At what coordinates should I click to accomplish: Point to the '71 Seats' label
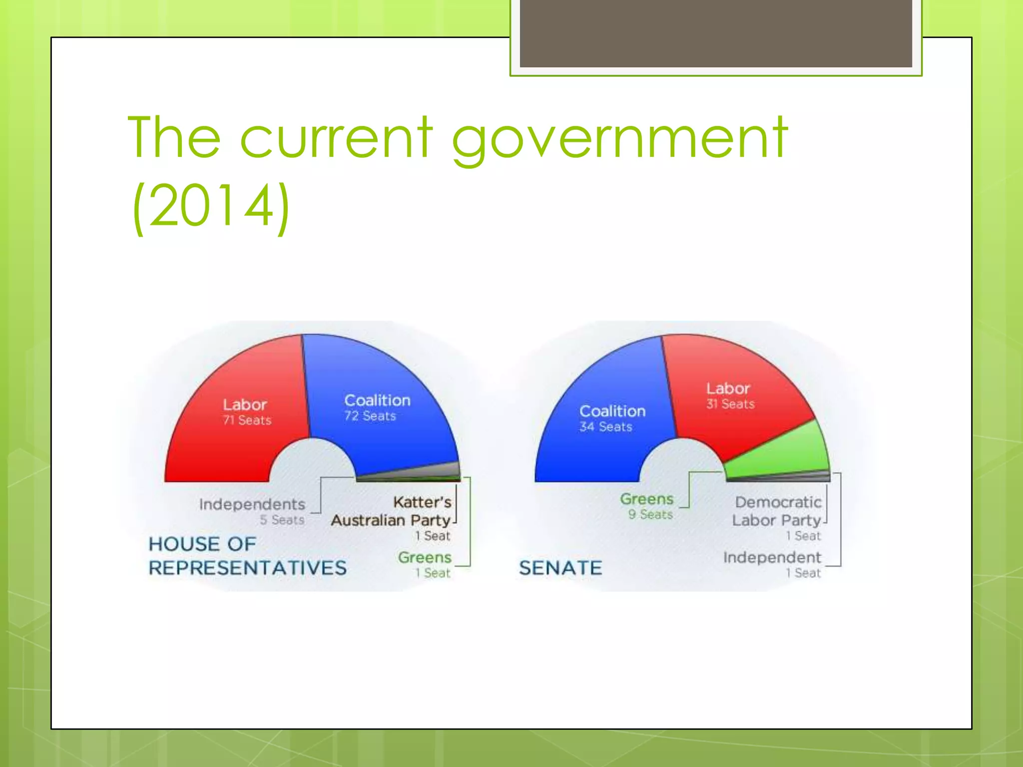(247, 420)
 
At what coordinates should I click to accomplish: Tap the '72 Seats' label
(370, 416)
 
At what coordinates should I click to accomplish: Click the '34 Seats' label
(606, 427)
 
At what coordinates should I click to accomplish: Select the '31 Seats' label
(730, 404)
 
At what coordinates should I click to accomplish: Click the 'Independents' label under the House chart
(252, 504)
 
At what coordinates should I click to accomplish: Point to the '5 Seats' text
(282, 520)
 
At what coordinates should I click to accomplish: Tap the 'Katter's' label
(423, 502)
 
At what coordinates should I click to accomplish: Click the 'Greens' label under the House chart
(425, 557)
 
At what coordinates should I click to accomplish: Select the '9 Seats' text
(651, 514)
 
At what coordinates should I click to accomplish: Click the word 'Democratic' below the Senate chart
(778, 502)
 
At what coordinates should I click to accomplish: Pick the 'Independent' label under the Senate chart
(772, 557)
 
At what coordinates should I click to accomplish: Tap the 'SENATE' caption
(560, 568)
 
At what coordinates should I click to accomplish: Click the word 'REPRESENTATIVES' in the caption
(248, 568)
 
